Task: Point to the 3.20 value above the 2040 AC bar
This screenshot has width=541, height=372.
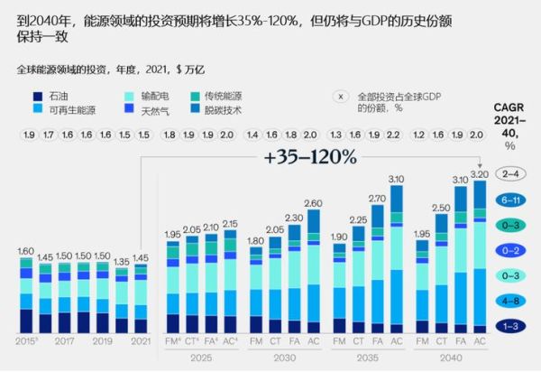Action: [479, 172]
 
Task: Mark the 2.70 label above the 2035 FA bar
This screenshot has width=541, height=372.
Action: [376, 198]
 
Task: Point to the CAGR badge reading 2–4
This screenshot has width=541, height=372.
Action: [510, 173]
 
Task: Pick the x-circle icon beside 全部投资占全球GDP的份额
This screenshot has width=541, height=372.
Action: [342, 96]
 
